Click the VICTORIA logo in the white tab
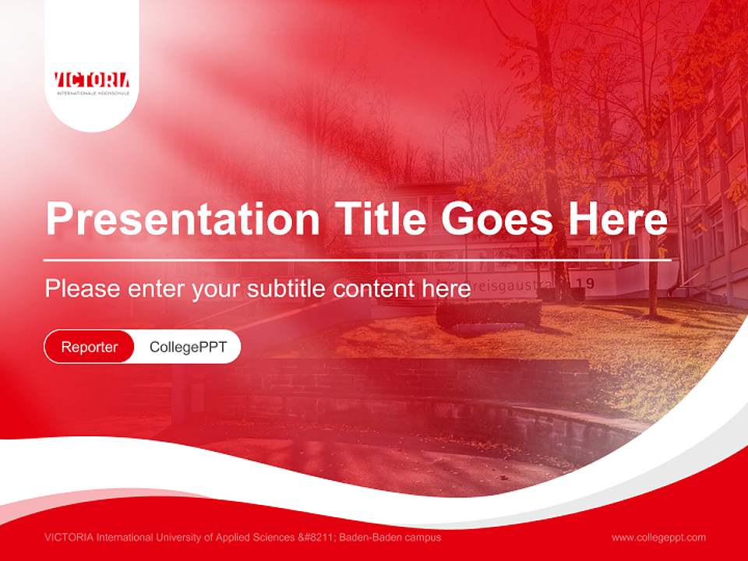(92, 80)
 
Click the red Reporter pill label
(90, 347)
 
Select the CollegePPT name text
(188, 347)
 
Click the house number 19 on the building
(588, 284)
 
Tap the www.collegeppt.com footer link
(658, 538)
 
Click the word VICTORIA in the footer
(69, 538)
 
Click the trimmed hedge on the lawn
(489, 313)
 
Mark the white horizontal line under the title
(357, 259)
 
